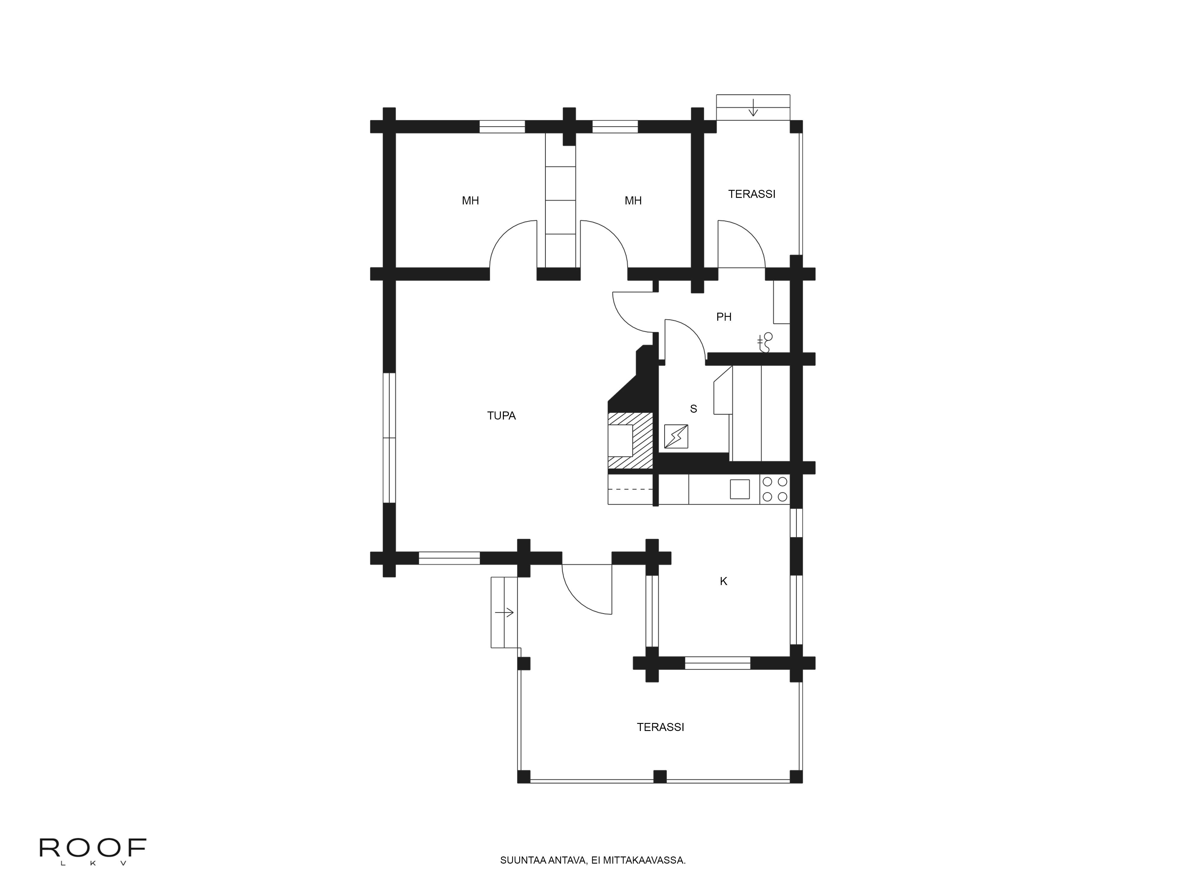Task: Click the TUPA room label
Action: pyautogui.click(x=501, y=416)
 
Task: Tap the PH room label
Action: pyautogui.click(x=724, y=317)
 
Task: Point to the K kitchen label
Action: pyautogui.click(x=723, y=581)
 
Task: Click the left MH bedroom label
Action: pyautogui.click(x=470, y=201)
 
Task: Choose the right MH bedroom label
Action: pyautogui.click(x=633, y=201)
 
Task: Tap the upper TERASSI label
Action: pyautogui.click(x=752, y=194)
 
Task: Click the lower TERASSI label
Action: pyautogui.click(x=661, y=727)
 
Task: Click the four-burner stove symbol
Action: pyautogui.click(x=775, y=489)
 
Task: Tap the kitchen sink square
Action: pyautogui.click(x=740, y=489)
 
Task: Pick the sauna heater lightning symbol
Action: pyautogui.click(x=676, y=436)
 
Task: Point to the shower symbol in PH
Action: pyautogui.click(x=765, y=342)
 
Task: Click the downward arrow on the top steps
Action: pyautogui.click(x=753, y=107)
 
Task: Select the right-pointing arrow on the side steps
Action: pyautogui.click(x=505, y=612)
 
